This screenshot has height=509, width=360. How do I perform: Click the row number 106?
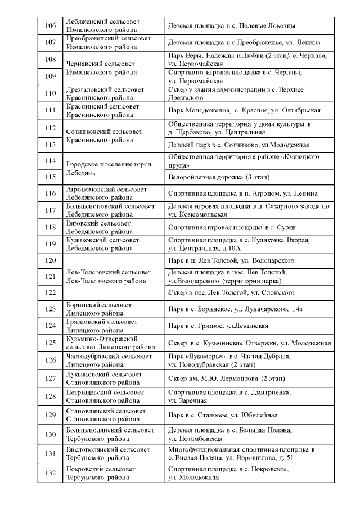click(50, 26)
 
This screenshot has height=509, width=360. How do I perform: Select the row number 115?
click(50, 177)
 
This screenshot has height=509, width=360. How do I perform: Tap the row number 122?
click(50, 292)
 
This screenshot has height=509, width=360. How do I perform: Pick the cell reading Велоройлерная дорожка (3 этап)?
click(250, 177)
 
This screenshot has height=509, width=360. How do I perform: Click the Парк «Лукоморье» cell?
click(250, 361)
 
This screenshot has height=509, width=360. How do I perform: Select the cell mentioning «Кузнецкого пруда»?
click(250, 161)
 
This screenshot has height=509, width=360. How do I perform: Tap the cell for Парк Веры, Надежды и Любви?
click(250, 59)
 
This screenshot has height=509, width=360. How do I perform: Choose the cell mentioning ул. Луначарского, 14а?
click(250, 309)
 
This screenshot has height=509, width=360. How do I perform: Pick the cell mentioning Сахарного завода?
click(250, 210)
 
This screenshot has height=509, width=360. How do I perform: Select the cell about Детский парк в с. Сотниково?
click(250, 145)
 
